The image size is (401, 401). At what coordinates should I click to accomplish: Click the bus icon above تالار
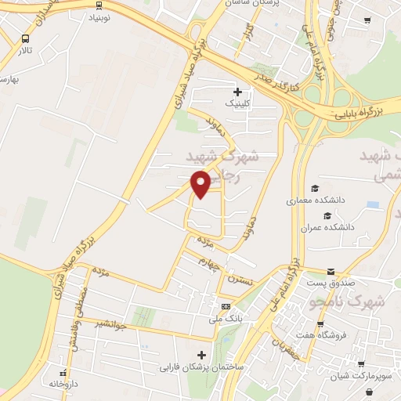(x=26, y=38)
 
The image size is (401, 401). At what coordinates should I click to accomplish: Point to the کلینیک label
(x=239, y=103)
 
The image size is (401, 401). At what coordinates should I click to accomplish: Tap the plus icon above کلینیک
(x=239, y=92)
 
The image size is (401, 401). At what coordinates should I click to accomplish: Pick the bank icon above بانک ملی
(x=226, y=306)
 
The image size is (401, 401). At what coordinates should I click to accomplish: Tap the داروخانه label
(x=64, y=384)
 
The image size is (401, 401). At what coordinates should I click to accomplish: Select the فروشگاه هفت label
(x=358, y=334)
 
